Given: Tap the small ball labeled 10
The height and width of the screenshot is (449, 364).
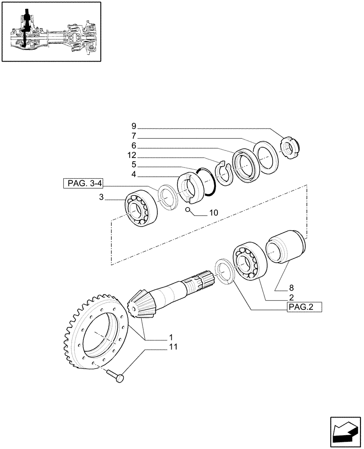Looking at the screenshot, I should pos(189,210).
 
